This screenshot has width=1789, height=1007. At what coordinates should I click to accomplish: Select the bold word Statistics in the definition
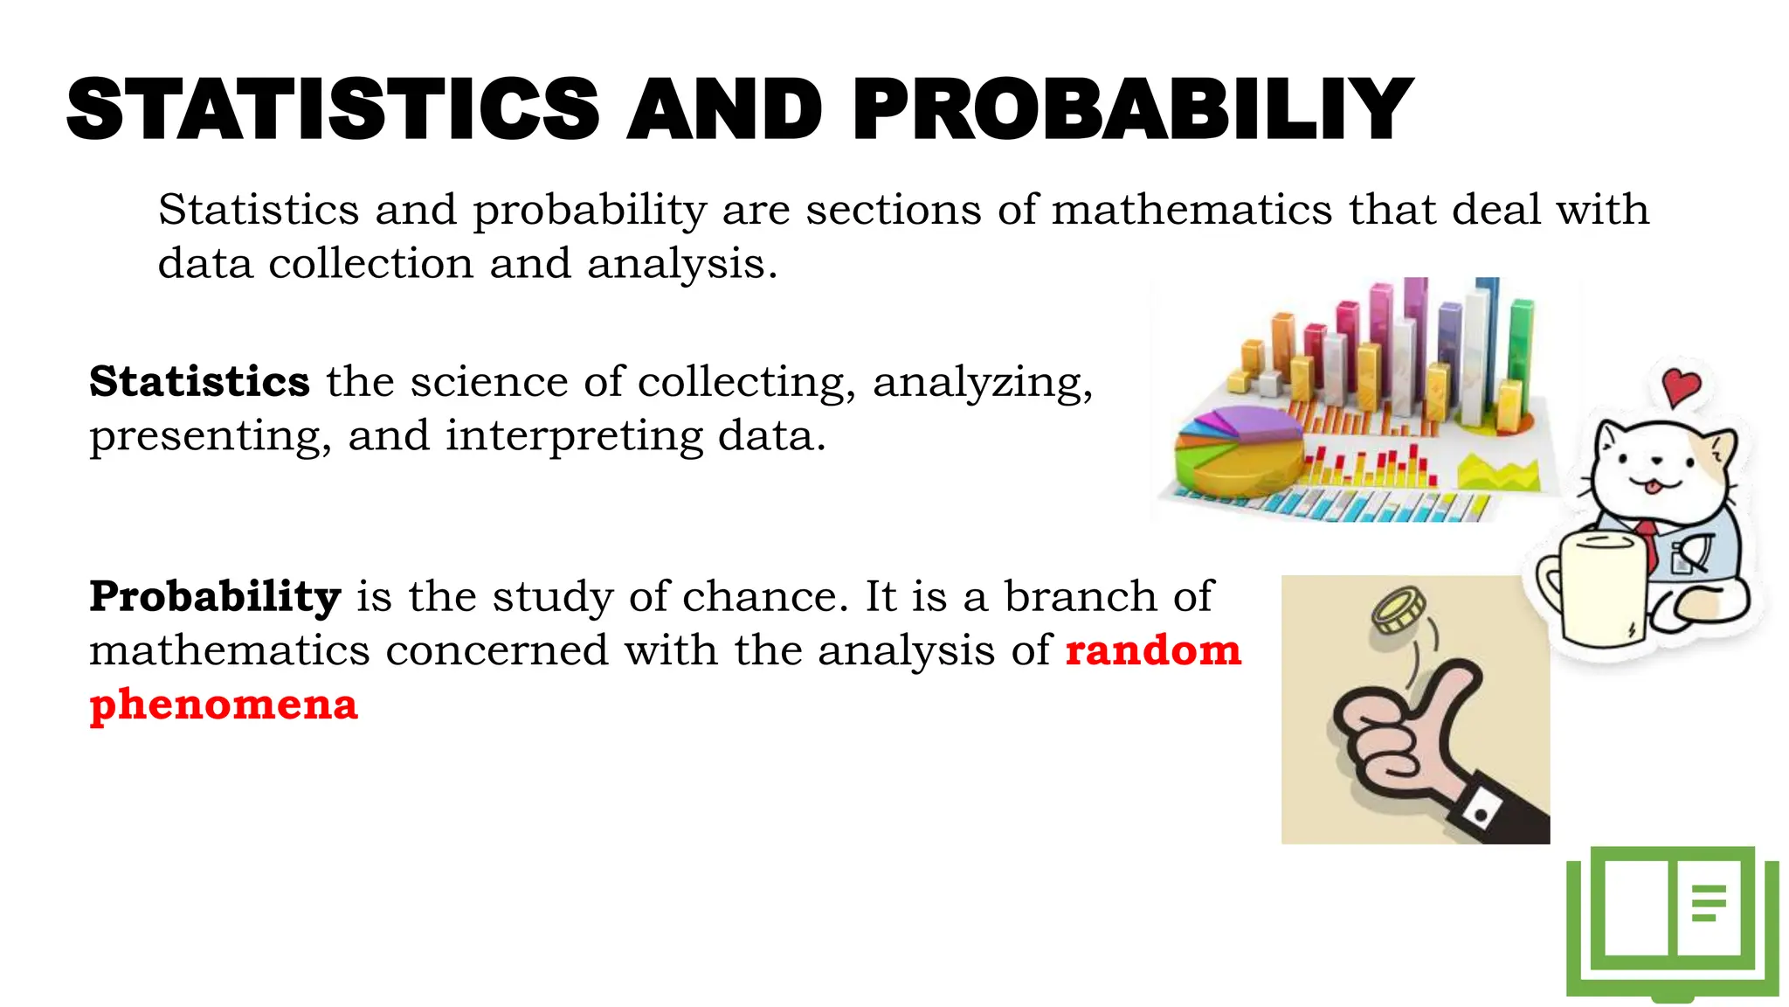tap(199, 382)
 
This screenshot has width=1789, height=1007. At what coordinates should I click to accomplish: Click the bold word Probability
tap(215, 597)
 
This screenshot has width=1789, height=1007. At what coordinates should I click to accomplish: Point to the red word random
tap(1153, 650)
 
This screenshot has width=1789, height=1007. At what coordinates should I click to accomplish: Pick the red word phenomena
tap(224, 705)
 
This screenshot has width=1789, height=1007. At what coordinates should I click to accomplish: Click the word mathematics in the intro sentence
tap(1192, 211)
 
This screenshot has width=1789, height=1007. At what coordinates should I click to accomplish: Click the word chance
tap(765, 597)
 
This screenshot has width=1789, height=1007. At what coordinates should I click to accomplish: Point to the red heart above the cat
tap(1682, 385)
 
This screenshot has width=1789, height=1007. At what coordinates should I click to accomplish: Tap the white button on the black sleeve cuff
tap(1481, 815)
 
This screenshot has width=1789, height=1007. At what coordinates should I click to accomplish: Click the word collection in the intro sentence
tap(370, 264)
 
